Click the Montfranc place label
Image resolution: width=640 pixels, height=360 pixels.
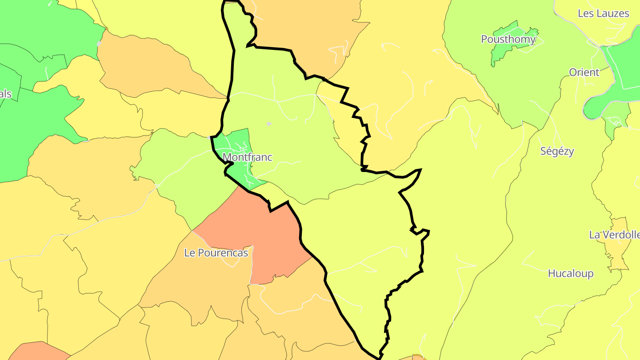(247, 157)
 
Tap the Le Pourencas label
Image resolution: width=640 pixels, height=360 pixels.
(216, 253)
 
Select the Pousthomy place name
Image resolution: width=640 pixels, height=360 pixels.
(508, 39)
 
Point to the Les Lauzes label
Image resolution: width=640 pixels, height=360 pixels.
(603, 13)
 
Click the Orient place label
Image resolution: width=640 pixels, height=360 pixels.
(584, 72)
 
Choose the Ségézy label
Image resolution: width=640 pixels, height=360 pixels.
(557, 151)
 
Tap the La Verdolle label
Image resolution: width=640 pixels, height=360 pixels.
(614, 235)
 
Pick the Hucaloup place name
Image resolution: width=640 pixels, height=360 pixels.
(570, 273)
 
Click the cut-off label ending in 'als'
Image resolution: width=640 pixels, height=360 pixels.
(5, 94)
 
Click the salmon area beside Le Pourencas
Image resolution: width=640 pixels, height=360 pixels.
(267, 236)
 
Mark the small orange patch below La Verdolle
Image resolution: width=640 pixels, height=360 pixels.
(618, 258)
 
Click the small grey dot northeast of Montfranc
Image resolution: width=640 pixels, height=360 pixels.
(268, 124)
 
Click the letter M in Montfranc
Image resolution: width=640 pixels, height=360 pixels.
(227, 157)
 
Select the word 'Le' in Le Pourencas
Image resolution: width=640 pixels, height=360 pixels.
(189, 253)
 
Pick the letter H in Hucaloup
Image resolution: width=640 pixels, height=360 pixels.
(552, 273)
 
